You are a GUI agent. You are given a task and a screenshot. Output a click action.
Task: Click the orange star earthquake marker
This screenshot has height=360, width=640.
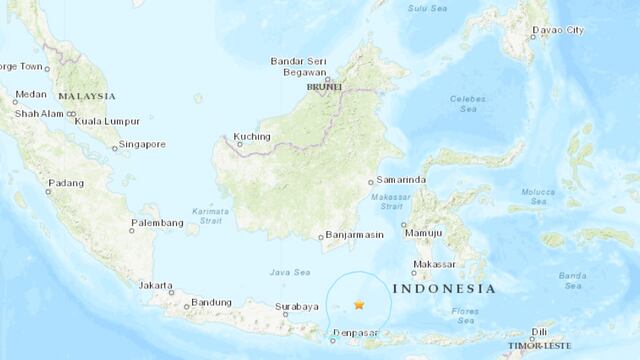tap(359, 304)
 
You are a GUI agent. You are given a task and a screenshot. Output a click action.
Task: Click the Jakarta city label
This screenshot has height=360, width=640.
tap(156, 285)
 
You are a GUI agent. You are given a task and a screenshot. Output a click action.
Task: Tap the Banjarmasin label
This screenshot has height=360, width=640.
tap(352, 237)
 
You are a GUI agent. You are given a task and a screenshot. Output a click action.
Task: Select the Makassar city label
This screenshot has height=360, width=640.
tap(439, 266)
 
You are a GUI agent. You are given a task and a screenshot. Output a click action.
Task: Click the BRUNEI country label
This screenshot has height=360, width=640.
tap(325, 87)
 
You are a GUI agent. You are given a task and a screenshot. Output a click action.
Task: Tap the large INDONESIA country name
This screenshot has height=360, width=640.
tap(444, 288)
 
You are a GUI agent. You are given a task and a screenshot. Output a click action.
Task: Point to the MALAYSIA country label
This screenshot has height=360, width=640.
tap(86, 96)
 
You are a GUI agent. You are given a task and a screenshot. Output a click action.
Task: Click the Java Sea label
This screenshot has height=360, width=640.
tap(288, 271)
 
